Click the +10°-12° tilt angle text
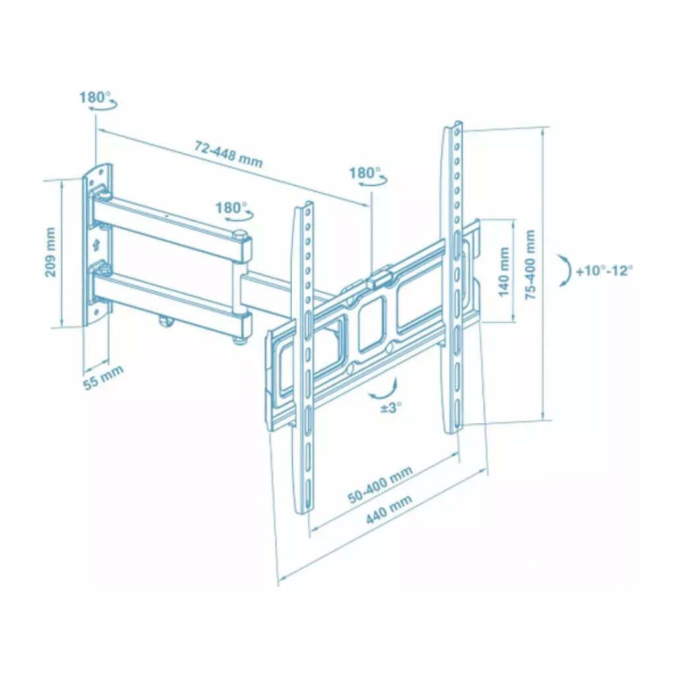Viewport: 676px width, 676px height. (x=604, y=271)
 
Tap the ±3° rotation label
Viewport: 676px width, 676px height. (x=391, y=407)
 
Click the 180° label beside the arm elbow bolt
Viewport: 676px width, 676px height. (x=229, y=207)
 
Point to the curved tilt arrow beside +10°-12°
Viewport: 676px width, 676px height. (x=563, y=271)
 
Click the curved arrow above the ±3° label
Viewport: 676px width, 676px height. (x=384, y=389)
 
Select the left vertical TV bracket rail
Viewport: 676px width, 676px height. (x=305, y=356)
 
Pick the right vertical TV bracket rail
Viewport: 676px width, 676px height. (x=454, y=277)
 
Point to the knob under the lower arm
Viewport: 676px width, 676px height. (x=164, y=321)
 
